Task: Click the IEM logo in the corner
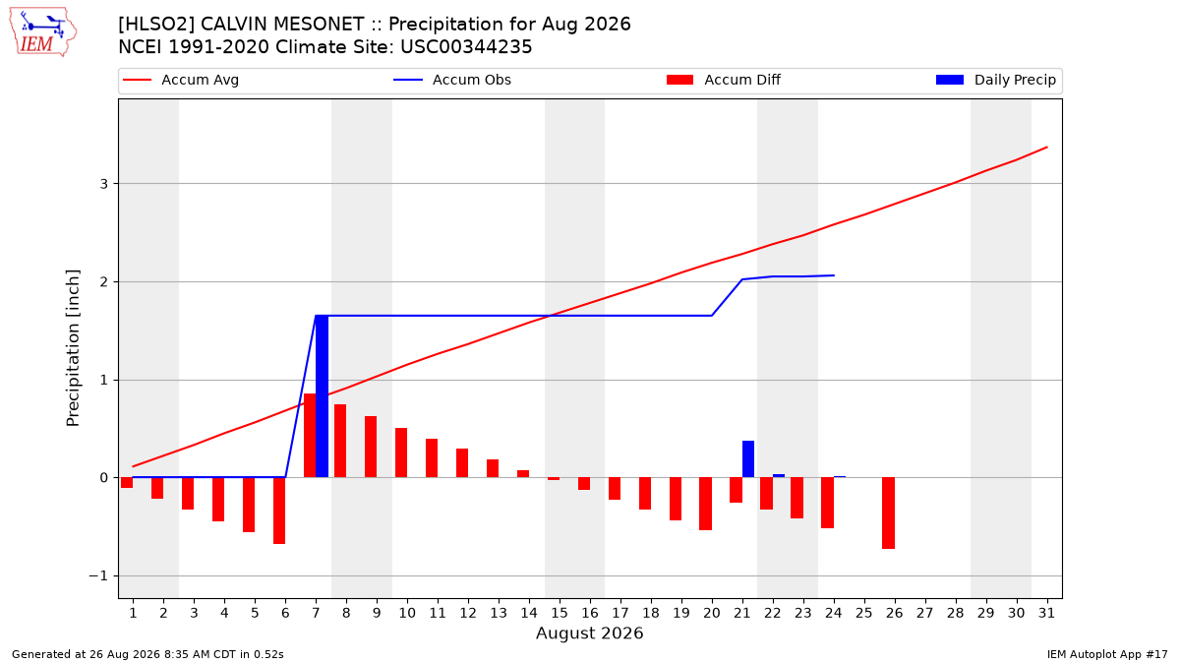click(x=43, y=32)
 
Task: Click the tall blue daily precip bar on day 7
click(x=322, y=396)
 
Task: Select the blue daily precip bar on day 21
click(x=748, y=459)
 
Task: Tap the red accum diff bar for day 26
click(x=888, y=513)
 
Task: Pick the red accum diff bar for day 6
click(x=279, y=511)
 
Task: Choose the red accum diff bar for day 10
click(x=401, y=453)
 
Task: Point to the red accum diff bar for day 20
click(x=705, y=504)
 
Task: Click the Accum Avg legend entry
click(x=181, y=80)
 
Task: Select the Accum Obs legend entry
click(x=452, y=80)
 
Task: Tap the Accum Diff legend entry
click(x=724, y=80)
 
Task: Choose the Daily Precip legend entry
click(x=995, y=80)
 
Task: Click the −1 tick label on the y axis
click(x=98, y=576)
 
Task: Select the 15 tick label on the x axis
click(x=560, y=613)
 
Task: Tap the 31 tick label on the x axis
click(x=1046, y=613)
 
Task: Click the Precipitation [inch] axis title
click(x=73, y=348)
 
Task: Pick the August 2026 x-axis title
click(x=589, y=633)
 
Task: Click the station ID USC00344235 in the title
click(x=466, y=47)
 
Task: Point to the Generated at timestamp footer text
click(x=147, y=654)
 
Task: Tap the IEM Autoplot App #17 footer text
click(x=1107, y=654)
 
